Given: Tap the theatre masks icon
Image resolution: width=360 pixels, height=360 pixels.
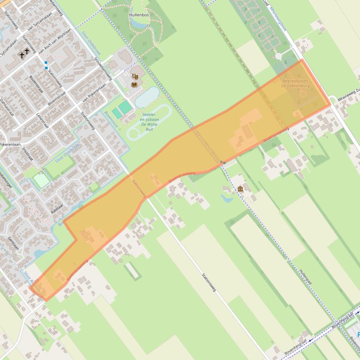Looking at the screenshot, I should (135, 76).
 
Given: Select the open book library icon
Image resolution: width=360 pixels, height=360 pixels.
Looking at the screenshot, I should (135, 84).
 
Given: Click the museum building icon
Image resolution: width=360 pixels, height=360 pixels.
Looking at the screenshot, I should (240, 189).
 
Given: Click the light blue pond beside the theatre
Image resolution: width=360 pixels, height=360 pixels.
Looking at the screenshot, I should (146, 97).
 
